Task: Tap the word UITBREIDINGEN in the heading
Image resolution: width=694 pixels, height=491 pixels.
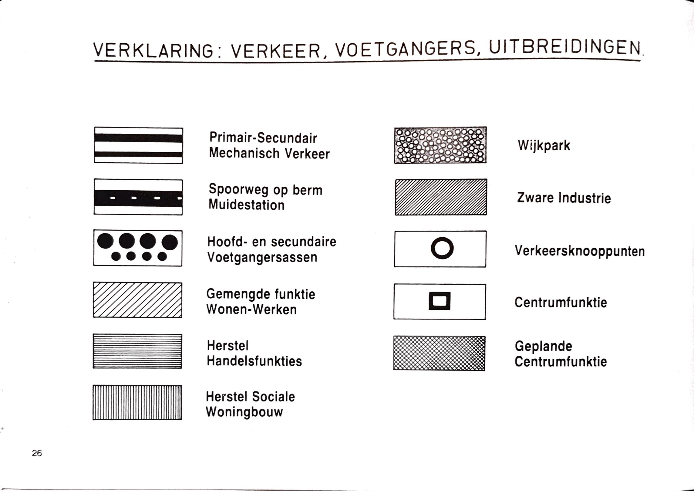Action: click(x=565, y=48)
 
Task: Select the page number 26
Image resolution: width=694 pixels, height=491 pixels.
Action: click(x=37, y=453)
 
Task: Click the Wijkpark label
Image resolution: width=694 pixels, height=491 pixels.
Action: click(x=544, y=145)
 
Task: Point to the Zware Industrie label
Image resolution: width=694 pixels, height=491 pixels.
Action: click(x=564, y=198)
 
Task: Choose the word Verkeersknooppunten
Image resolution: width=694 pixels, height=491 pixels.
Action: click(x=580, y=251)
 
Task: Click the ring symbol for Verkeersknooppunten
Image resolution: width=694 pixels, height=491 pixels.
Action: click(x=442, y=248)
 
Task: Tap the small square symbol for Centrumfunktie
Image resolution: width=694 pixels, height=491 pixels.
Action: click(x=439, y=301)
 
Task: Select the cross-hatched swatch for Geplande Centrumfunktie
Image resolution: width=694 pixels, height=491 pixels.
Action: click(x=439, y=353)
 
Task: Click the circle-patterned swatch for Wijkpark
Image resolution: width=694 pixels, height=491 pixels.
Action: click(x=440, y=145)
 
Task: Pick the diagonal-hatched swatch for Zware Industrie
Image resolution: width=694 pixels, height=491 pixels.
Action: click(x=441, y=197)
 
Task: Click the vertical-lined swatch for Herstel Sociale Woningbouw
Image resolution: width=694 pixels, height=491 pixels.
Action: click(x=137, y=403)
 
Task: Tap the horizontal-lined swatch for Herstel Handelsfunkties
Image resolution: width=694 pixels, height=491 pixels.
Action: click(x=137, y=351)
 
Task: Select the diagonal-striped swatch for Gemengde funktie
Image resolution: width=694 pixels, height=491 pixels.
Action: click(x=137, y=300)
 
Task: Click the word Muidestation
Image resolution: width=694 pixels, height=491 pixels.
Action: click(x=247, y=205)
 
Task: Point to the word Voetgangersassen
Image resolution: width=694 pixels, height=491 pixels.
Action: click(x=262, y=257)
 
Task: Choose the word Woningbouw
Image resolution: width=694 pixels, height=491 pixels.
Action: click(x=244, y=412)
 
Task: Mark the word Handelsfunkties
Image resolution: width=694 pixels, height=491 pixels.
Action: click(x=254, y=361)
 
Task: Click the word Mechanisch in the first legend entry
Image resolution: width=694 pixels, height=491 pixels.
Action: click(x=244, y=153)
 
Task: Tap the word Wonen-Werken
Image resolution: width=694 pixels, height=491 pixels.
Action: click(x=251, y=310)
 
